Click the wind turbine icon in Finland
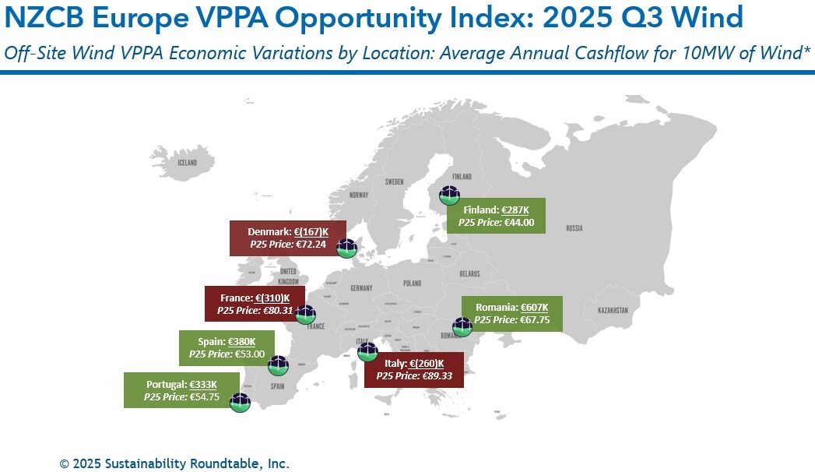pos(450,195)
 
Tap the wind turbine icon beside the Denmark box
pos(346,248)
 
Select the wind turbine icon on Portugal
pos(240,402)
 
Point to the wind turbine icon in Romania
pos(462,327)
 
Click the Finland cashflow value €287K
pos(515,210)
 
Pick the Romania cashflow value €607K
pos(534,307)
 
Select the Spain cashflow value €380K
pos(241,342)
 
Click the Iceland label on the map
pos(188,164)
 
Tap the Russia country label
pos(574,228)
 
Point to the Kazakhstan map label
pos(613,310)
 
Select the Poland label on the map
pos(412,284)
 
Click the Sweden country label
pos(394,181)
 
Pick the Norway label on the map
pos(358,195)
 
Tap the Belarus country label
pos(469,274)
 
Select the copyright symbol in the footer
pos(64,463)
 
